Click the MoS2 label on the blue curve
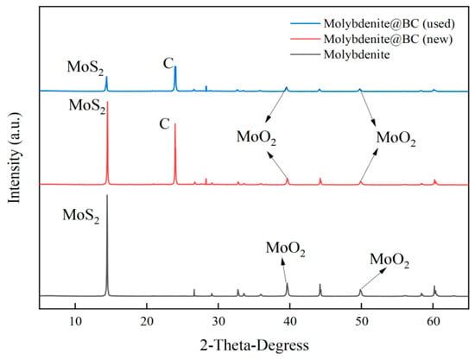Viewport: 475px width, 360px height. [x=85, y=66]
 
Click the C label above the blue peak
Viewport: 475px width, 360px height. [x=168, y=61]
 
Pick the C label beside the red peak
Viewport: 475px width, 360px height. [x=163, y=123]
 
